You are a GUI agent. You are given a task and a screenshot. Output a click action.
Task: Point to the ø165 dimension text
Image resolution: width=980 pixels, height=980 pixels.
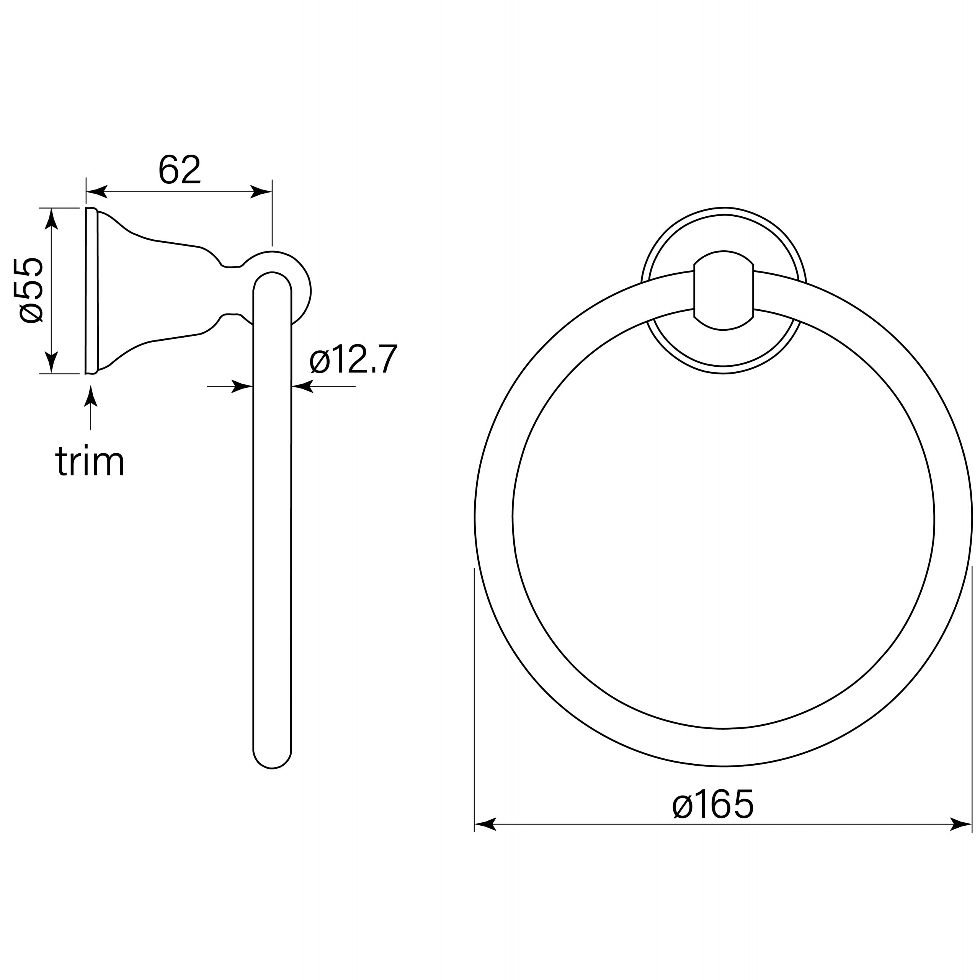point(713,805)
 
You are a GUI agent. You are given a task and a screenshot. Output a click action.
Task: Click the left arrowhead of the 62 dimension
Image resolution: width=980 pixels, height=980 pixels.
point(96,192)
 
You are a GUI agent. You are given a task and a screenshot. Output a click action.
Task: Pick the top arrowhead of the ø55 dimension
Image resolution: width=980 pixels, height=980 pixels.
point(51,219)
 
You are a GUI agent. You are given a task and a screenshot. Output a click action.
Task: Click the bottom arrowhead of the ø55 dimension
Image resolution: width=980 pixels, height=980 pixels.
point(51,363)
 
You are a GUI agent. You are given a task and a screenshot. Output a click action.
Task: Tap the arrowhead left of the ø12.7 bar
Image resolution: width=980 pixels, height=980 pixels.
point(242,387)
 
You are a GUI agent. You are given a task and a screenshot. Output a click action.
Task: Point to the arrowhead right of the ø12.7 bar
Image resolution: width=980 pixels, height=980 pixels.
point(302,387)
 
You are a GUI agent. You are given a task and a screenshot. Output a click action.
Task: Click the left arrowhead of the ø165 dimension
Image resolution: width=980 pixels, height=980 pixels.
point(485,824)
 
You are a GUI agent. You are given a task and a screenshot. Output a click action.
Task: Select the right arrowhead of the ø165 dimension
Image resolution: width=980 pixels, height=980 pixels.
point(960,824)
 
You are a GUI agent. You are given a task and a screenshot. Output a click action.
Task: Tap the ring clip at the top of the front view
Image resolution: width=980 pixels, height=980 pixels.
point(724,290)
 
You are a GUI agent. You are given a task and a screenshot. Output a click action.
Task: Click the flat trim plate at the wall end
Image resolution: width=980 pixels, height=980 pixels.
point(91,291)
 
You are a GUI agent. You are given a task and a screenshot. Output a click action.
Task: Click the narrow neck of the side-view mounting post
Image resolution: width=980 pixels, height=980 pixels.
point(231,291)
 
